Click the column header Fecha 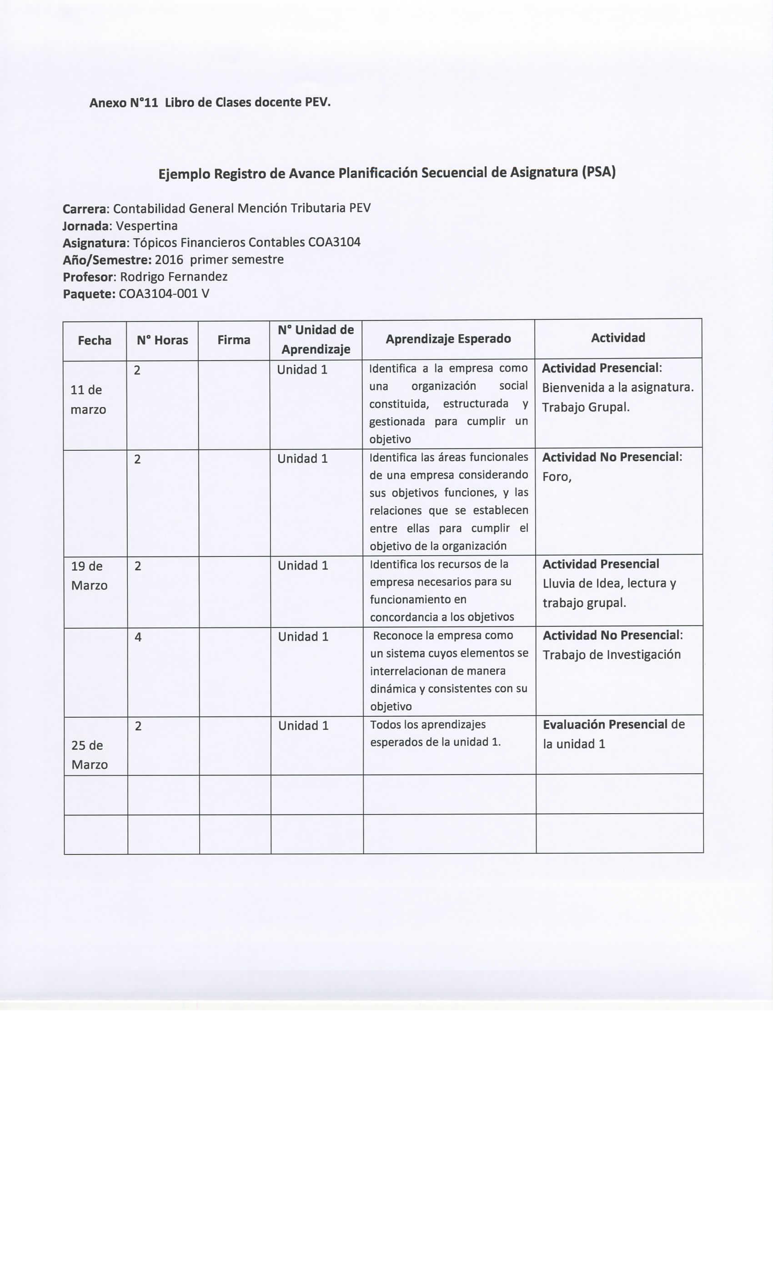point(95,340)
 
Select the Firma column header point(234,340)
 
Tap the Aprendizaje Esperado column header point(448,338)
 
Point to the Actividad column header point(618,338)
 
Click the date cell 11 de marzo point(87,400)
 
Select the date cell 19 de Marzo point(89,576)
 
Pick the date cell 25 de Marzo point(88,755)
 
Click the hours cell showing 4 point(138,637)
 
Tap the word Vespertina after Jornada point(146,226)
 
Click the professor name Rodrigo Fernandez point(174,277)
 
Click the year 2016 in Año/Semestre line point(169,259)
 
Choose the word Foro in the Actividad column point(556,477)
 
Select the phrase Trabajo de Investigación point(611,655)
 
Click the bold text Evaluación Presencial point(605,724)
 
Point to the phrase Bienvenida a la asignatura point(617,387)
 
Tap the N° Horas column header point(162,340)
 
